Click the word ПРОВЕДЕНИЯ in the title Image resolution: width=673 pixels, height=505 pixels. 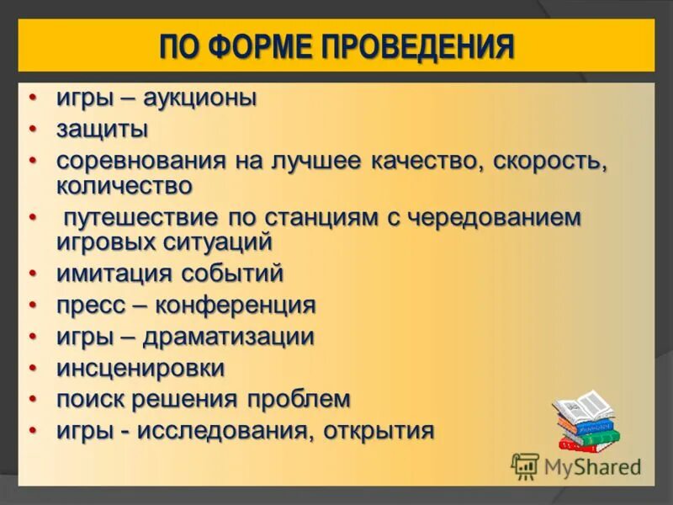(417, 45)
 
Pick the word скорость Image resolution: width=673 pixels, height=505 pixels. (548, 161)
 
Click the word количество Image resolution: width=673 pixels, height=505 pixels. (125, 184)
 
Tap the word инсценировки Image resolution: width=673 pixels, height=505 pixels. (140, 368)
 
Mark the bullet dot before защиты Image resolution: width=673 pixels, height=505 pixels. (34, 129)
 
